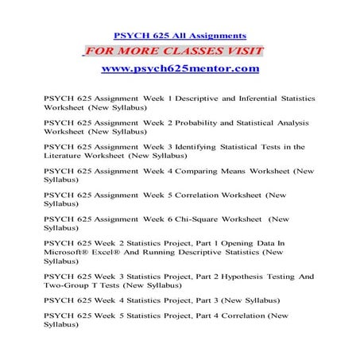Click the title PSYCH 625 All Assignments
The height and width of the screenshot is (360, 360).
(x=180, y=36)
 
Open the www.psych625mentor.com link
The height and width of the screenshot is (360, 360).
(x=180, y=69)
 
